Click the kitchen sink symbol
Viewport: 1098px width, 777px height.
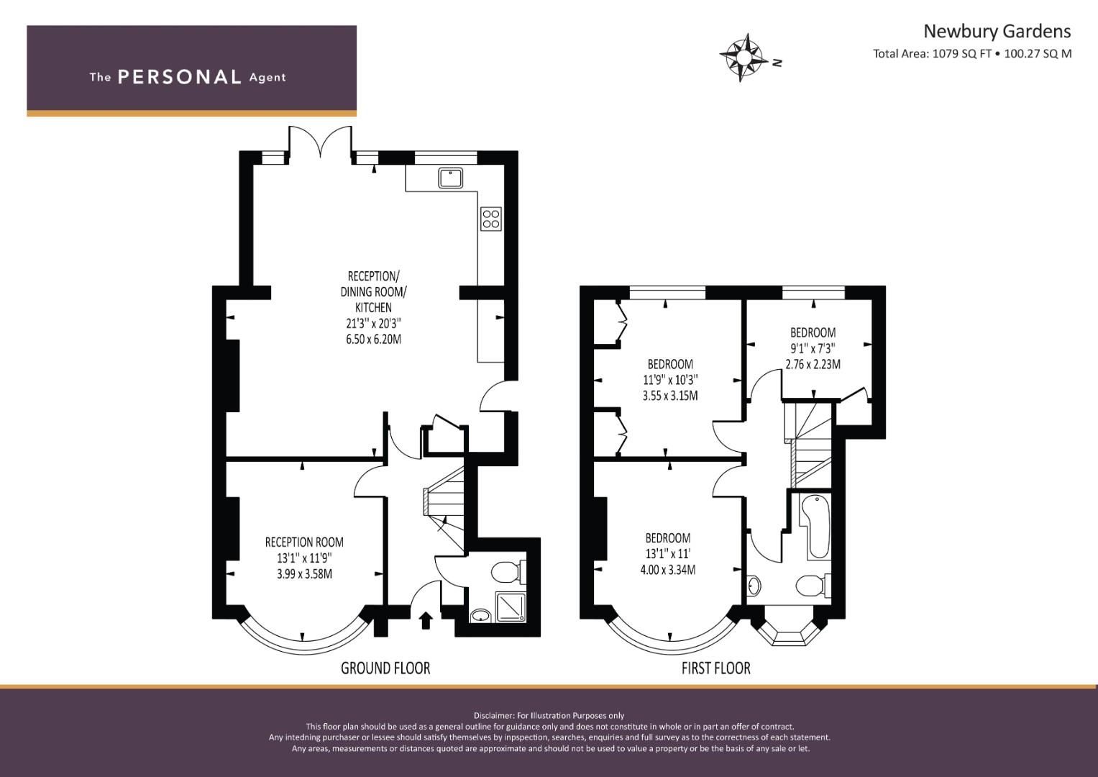451,177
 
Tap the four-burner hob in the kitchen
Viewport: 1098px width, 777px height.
491,219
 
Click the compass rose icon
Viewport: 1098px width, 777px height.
743,57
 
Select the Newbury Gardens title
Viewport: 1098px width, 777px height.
997,31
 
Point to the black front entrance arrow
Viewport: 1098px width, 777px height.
426,619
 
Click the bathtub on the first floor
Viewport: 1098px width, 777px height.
818,527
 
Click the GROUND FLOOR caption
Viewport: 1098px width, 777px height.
385,668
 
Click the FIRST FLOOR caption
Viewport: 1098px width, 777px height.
715,668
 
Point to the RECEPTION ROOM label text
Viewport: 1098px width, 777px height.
304,542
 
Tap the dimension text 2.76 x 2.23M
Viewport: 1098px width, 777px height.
813,364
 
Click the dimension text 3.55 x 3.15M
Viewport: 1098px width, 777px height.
669,395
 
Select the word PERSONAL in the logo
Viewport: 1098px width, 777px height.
179,77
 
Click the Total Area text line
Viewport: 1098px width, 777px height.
972,53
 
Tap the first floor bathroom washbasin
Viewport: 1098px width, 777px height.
754,586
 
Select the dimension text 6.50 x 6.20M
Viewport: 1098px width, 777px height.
373,339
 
